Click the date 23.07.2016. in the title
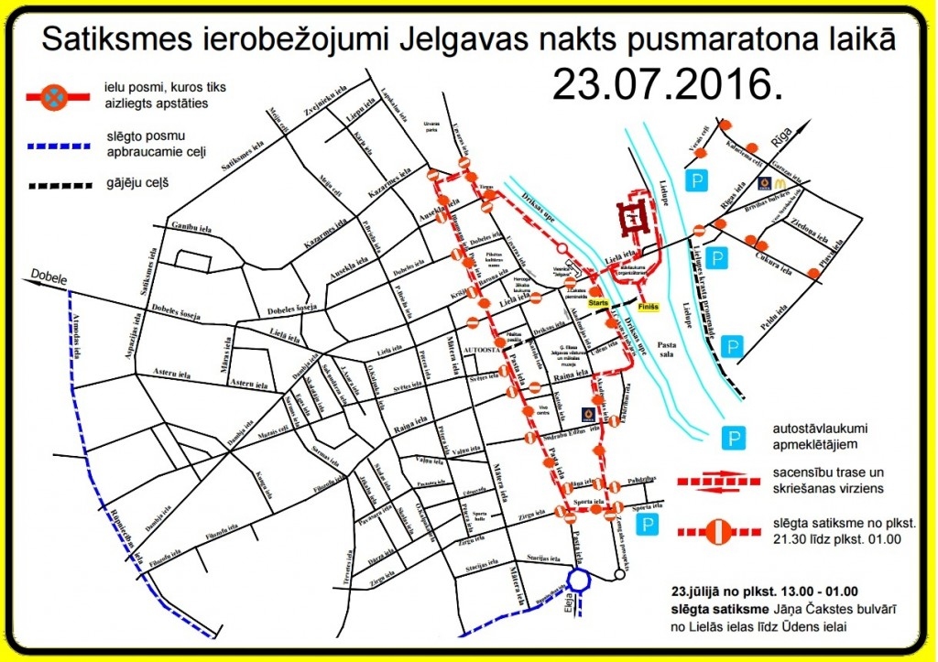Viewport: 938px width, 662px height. coord(668,84)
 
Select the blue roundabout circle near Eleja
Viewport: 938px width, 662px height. coord(578,580)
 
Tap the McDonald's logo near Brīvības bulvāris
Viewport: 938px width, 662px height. coord(763,183)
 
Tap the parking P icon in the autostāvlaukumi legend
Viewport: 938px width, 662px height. coord(735,438)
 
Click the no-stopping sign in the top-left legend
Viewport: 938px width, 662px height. coord(56,94)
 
